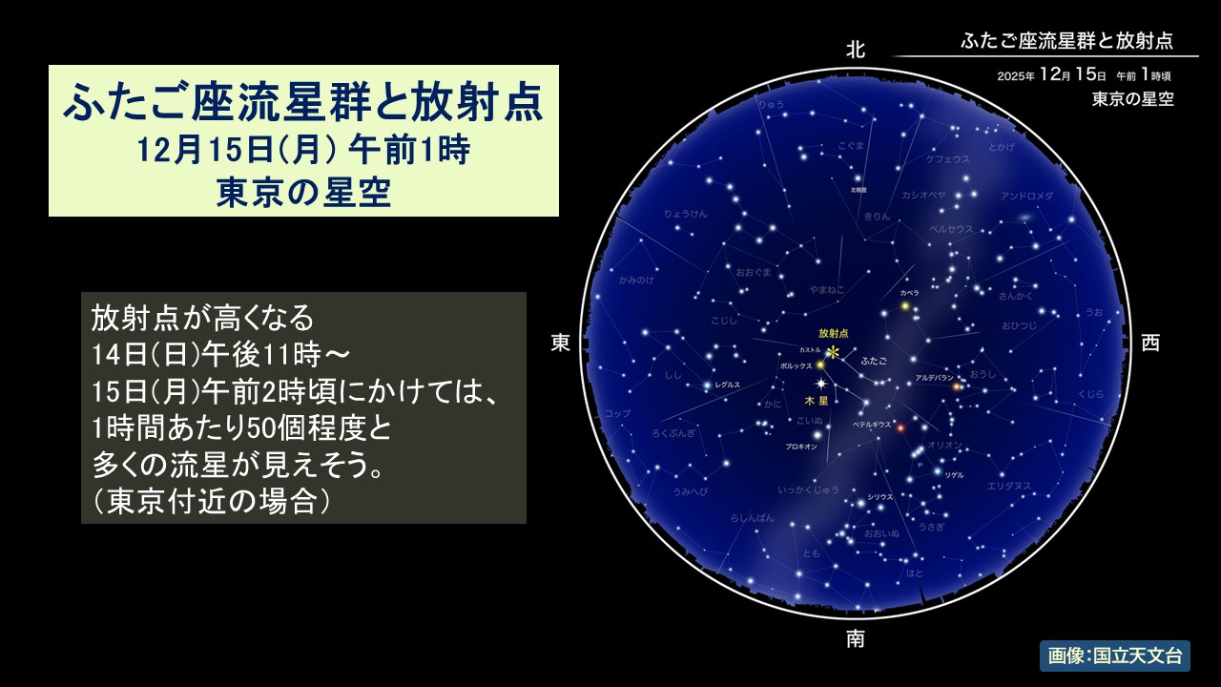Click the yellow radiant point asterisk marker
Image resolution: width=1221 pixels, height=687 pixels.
(x=833, y=353)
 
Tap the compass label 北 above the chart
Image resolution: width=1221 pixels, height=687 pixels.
(x=856, y=51)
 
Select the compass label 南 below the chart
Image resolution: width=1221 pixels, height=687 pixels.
(x=856, y=638)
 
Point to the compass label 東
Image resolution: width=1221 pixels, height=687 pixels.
(x=561, y=343)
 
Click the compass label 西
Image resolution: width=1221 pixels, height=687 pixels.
(x=1151, y=343)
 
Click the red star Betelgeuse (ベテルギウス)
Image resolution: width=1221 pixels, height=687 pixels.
(x=900, y=427)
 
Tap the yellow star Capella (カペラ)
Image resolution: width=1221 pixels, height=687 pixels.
(x=905, y=306)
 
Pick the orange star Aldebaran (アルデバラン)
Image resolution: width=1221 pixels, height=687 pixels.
(x=956, y=386)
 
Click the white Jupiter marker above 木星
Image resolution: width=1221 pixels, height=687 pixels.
(x=821, y=383)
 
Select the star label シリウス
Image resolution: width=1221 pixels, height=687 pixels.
(x=880, y=497)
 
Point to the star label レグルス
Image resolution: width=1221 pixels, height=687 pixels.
(x=728, y=384)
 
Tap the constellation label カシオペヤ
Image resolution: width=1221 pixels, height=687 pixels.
(x=923, y=195)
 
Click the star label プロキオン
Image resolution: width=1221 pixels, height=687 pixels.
(x=800, y=447)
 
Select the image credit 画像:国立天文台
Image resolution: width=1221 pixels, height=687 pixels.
(x=1114, y=656)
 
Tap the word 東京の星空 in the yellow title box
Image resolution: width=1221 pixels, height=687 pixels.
(x=303, y=193)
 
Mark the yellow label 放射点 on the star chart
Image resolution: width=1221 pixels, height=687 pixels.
(x=833, y=333)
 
